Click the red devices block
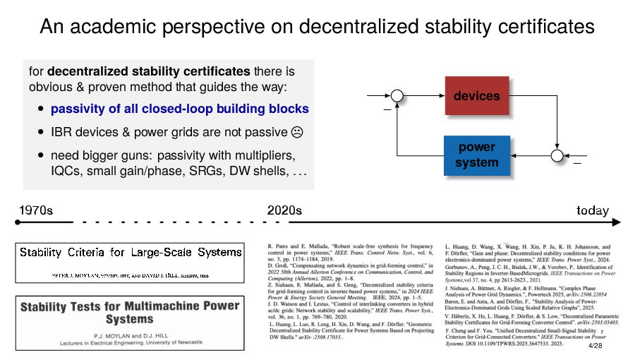476,96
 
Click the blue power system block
476,155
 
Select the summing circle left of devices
398,96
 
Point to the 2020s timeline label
284,210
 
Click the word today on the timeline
593,210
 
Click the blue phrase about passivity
180,109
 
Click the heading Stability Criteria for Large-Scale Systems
131,252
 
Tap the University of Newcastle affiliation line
131,342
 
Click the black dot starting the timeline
18,222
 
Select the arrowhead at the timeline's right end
618,222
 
